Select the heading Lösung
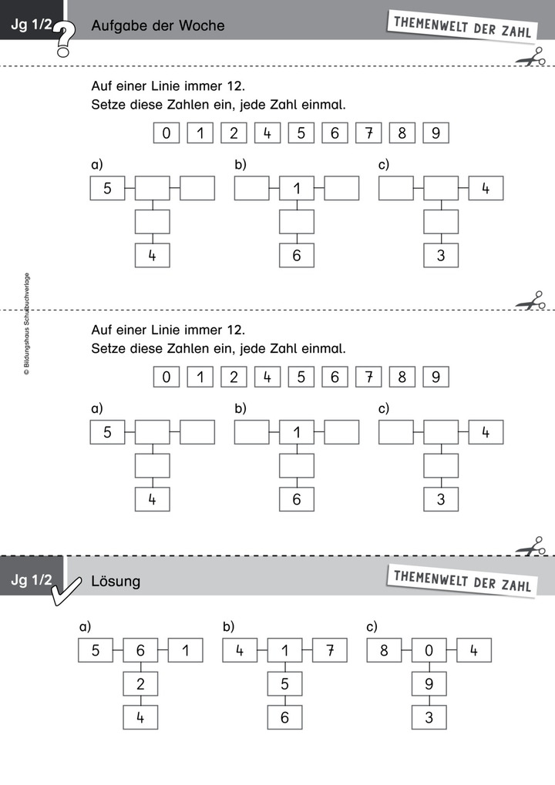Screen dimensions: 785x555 pyautogui.click(x=116, y=581)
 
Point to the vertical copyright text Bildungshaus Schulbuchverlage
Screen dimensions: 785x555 pyautogui.click(x=26, y=324)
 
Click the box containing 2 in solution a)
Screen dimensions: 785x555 pyautogui.click(x=140, y=684)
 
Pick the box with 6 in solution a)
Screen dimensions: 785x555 pyautogui.click(x=140, y=651)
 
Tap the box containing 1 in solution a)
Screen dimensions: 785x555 pyautogui.click(x=185, y=651)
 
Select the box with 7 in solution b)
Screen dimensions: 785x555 pyautogui.click(x=329, y=651)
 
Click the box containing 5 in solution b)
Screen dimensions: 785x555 pyautogui.click(x=284, y=684)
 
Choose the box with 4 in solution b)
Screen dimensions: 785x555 pyautogui.click(x=240, y=651)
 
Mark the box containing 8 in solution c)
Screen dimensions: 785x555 pyautogui.click(x=384, y=651)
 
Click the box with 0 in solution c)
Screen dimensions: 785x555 pyautogui.click(x=429, y=651)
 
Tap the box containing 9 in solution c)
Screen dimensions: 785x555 pyautogui.click(x=429, y=684)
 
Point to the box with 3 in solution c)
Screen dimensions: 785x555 pyautogui.click(x=429, y=717)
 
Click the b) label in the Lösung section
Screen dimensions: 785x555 pyautogui.click(x=228, y=626)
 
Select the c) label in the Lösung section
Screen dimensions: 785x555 pyautogui.click(x=372, y=626)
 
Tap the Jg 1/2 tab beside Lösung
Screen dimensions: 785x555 pyautogui.click(x=32, y=581)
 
